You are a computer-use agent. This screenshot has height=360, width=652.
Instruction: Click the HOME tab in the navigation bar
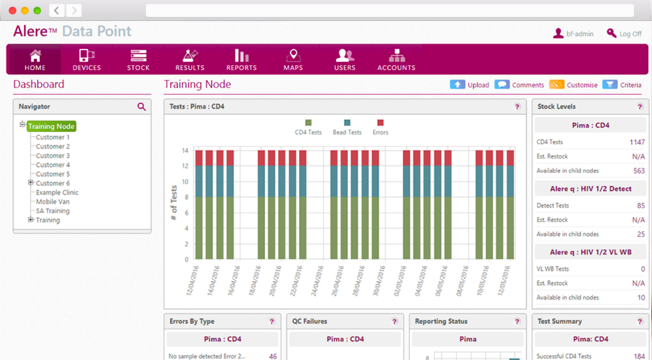point(35,60)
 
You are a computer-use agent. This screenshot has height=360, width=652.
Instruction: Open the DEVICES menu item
point(87,60)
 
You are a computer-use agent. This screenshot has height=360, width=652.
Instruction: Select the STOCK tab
point(138,60)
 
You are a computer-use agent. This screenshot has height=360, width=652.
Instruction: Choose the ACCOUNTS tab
point(396,60)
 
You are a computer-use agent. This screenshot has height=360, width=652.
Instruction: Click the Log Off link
point(624,34)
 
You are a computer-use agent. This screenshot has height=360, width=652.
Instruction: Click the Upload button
point(470,85)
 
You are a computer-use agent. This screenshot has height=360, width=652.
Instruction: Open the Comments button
point(520,85)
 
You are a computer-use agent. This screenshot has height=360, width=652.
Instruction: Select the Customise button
point(574,85)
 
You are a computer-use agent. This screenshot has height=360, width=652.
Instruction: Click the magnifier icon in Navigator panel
point(141,106)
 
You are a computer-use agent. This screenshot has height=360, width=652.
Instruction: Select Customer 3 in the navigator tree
point(53,155)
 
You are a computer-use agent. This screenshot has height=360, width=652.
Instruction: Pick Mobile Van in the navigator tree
point(53,202)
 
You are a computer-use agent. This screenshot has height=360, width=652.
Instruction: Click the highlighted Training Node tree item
point(51,127)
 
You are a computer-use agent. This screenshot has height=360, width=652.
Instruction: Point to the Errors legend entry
point(380,128)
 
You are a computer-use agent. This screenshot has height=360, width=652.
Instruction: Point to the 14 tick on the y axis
point(185,150)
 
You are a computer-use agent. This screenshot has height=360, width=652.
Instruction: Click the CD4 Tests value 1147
point(637,143)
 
